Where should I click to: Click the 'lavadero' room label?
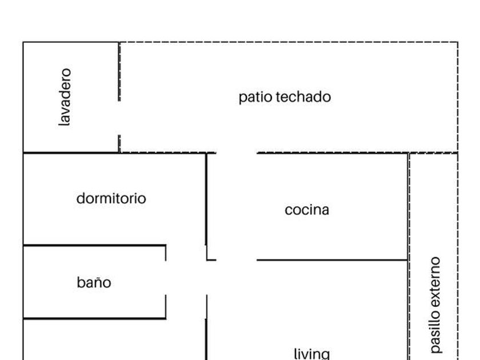point(66,97)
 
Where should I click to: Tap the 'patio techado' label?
point(285,97)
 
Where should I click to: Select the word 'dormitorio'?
point(111,199)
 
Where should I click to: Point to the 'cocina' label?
point(307,210)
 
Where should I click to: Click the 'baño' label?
point(94,282)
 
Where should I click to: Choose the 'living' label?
point(311,354)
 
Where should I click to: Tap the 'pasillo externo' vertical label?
point(436,304)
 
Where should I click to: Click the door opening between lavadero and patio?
point(119,118)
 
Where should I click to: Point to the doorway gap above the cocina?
point(237,153)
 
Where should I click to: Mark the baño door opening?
point(166,278)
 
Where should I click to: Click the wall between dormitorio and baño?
point(94,246)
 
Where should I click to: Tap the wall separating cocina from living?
point(331,260)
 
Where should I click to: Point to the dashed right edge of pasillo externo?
point(458,257)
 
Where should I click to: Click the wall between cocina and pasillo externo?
point(408,206)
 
